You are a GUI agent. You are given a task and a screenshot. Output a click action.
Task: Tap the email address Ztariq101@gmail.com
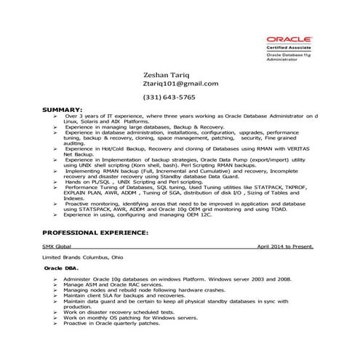pyautogui.click(x=181, y=84)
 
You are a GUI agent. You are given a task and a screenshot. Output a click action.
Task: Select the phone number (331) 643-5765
pyautogui.click(x=169, y=97)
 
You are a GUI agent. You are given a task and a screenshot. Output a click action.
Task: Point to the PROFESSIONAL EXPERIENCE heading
pyautogui.click(x=95, y=233)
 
